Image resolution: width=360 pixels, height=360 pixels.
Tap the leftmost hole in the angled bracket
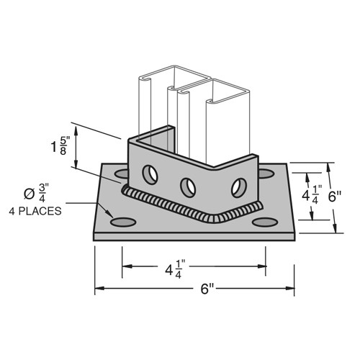point(150,174)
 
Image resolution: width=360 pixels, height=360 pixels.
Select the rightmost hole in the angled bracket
point(237,188)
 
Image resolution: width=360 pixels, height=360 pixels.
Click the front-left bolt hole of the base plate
point(122,220)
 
